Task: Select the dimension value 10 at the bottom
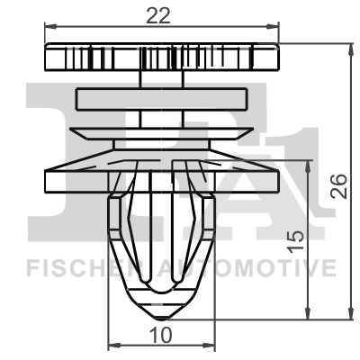(161, 335)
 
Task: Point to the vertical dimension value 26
(338, 186)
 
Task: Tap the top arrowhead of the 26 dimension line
(349, 45)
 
